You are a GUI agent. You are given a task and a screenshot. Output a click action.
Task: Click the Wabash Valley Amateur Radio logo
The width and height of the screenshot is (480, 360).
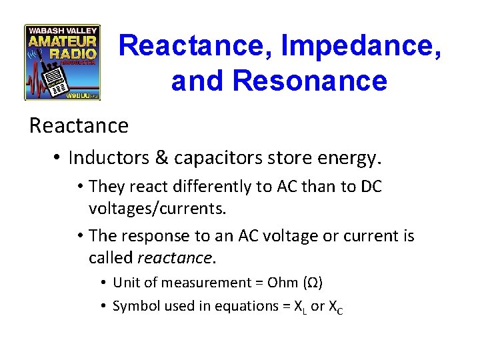tap(62, 63)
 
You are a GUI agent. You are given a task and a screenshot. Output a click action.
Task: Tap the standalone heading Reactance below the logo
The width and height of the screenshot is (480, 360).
tap(79, 125)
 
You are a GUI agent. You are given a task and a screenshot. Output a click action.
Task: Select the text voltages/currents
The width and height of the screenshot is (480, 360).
tap(157, 208)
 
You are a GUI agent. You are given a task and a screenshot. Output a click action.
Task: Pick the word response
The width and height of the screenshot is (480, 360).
tap(151, 236)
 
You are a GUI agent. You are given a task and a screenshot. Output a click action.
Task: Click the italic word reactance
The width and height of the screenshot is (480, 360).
tap(175, 257)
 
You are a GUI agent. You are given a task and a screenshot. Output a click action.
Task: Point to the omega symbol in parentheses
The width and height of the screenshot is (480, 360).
tap(312, 283)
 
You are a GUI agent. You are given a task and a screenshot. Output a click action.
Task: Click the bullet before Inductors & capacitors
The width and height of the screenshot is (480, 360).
tap(58, 158)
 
